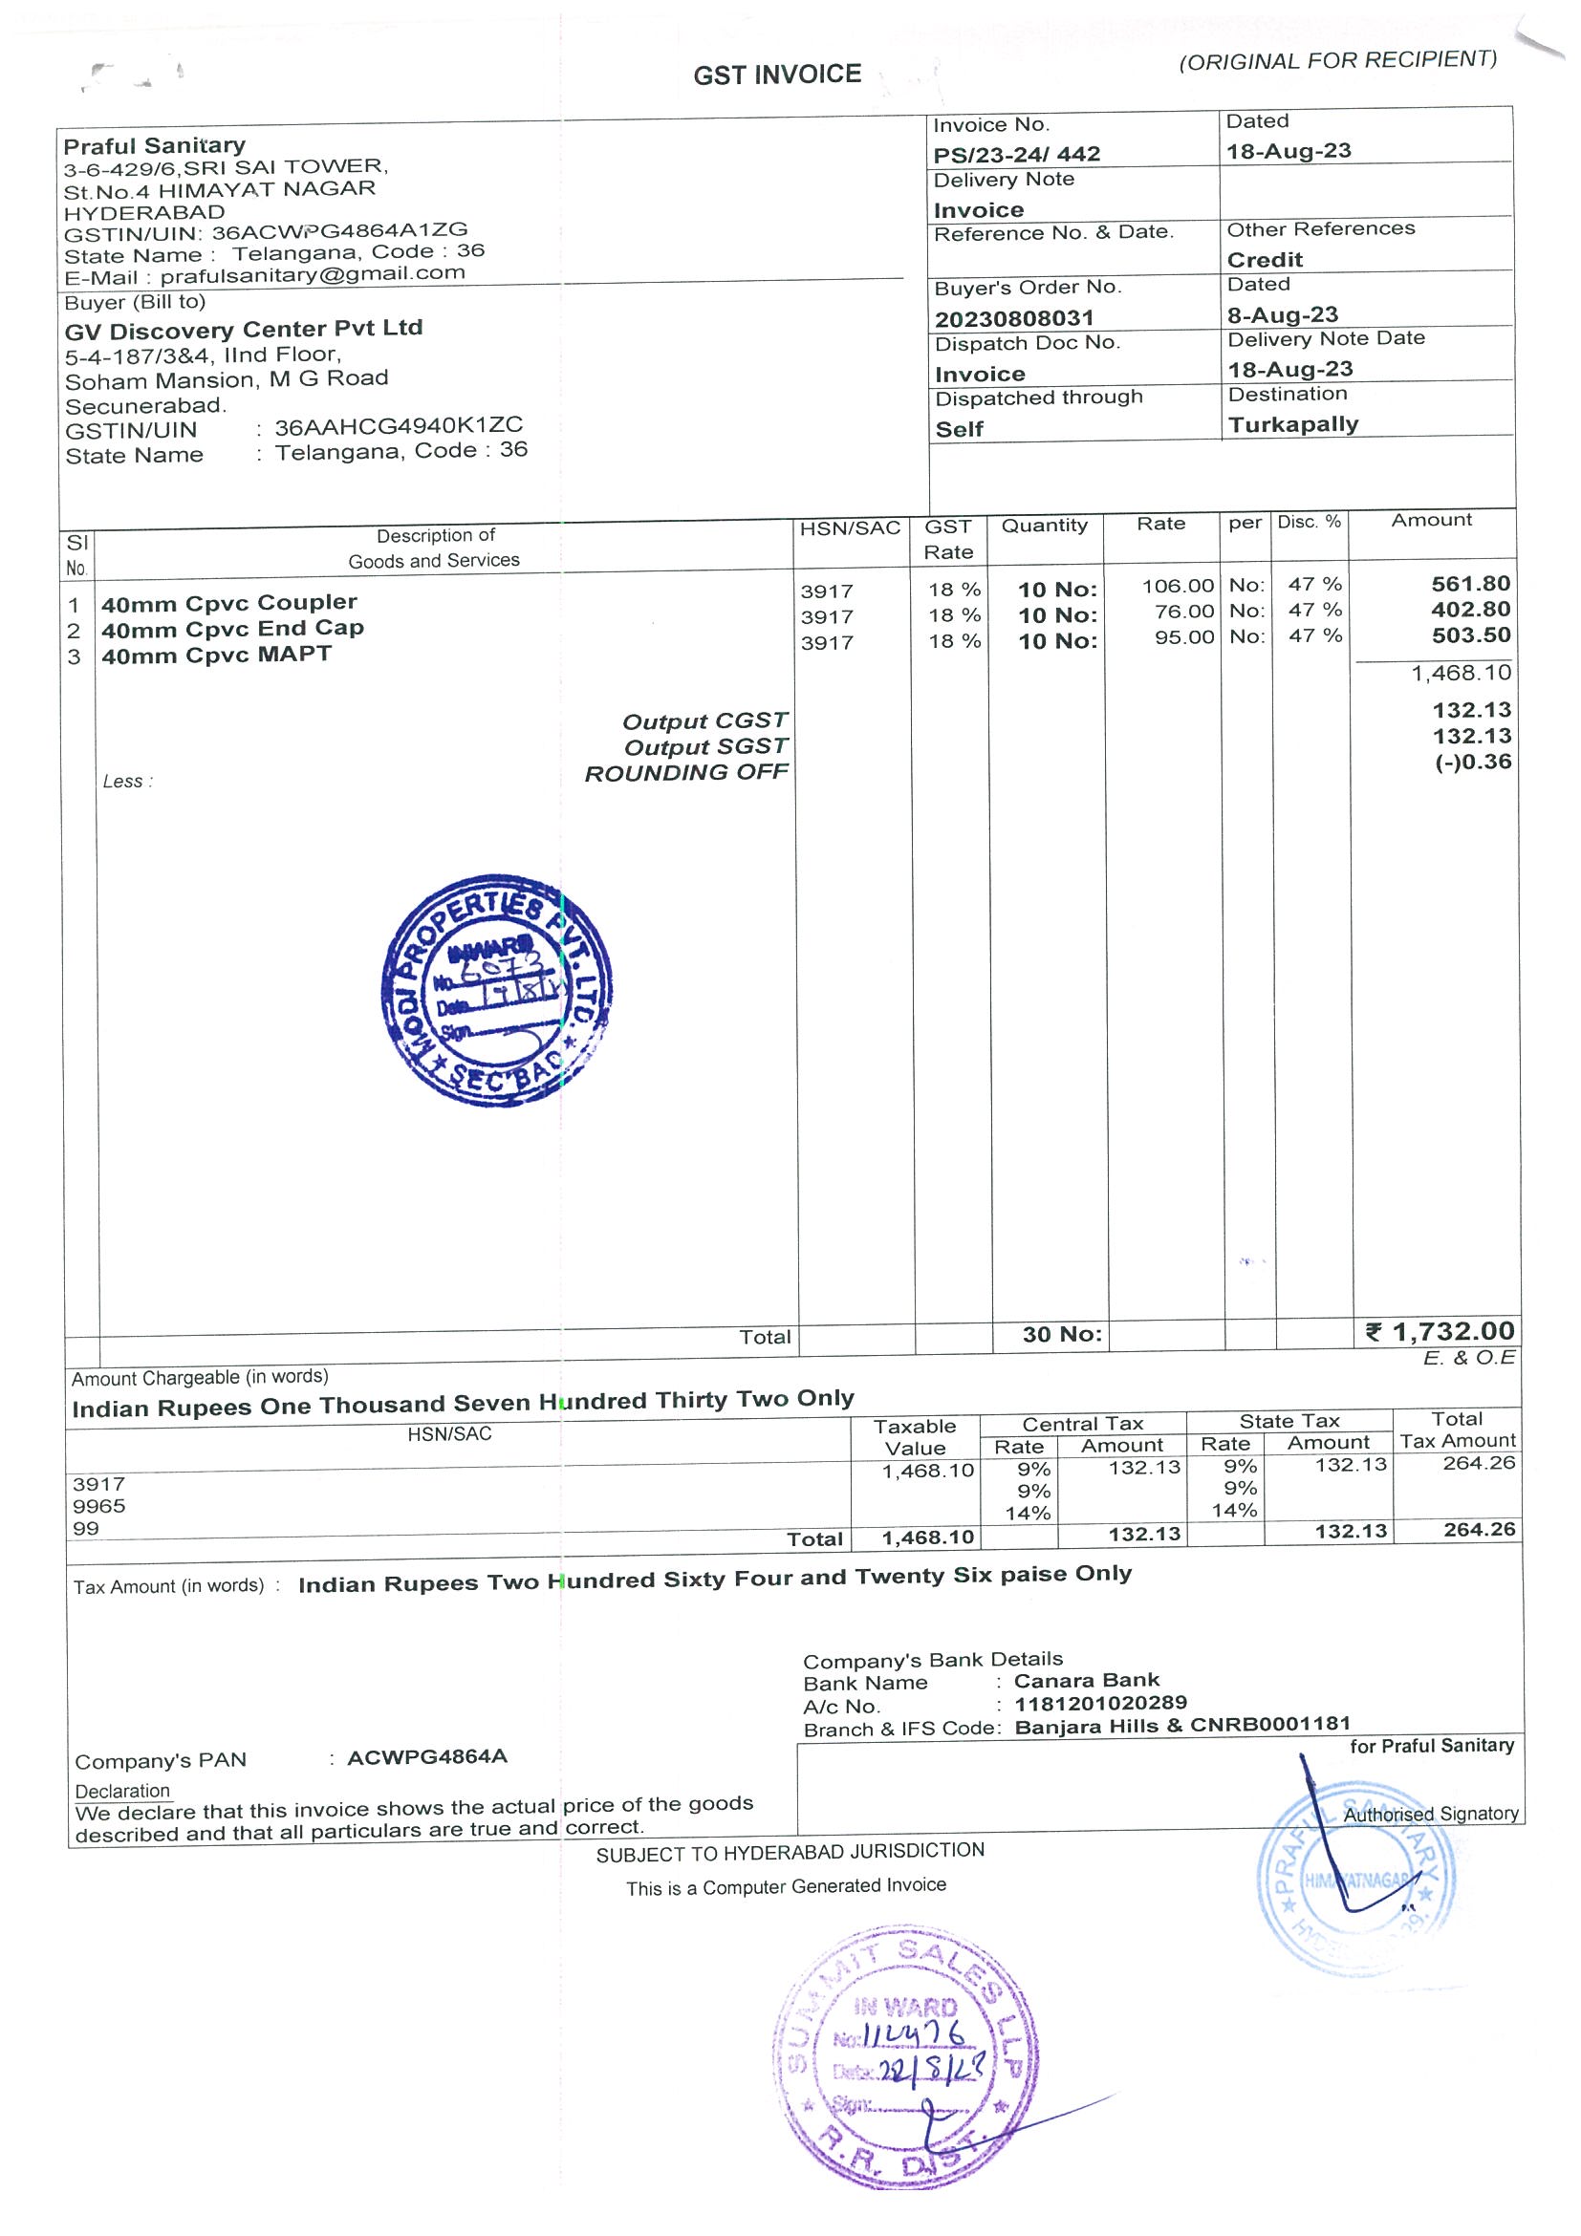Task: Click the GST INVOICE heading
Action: [776, 75]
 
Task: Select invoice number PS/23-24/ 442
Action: [1016, 154]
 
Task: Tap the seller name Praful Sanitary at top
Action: [154, 146]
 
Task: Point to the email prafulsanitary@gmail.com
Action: [312, 273]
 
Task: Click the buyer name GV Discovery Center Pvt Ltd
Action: [244, 329]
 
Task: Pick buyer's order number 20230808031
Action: [1014, 318]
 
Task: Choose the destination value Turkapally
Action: [1292, 424]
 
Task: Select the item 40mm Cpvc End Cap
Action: [233, 629]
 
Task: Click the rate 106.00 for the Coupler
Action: [1178, 587]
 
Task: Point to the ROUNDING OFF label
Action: [685, 773]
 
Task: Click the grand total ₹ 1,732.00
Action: [1440, 1331]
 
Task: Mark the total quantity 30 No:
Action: [1061, 1334]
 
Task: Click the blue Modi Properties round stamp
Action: [497, 989]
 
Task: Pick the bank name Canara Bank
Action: [1086, 1680]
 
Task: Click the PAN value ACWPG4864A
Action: [426, 1757]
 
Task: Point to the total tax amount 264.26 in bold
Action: [1479, 1530]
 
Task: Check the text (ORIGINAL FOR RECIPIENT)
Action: [1337, 61]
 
